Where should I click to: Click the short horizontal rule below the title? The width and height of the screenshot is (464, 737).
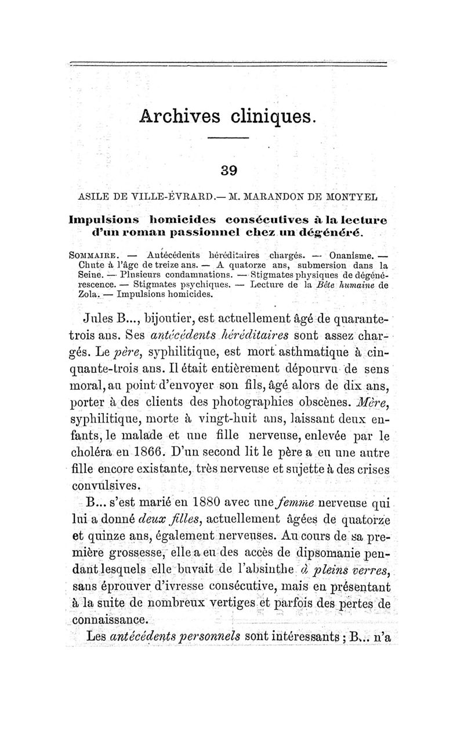(228, 138)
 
